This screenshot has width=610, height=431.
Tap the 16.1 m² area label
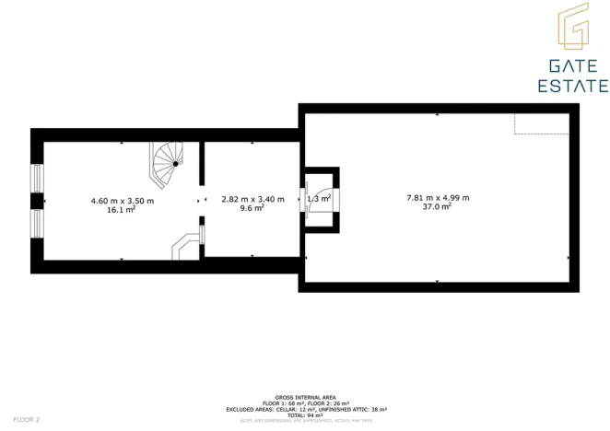pos(122,210)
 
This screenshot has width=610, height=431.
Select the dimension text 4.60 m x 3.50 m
pos(122,200)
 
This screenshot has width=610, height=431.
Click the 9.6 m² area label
pos(252,208)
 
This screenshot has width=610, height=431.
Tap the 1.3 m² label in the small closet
pos(319,198)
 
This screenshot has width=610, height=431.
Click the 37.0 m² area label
pos(438,207)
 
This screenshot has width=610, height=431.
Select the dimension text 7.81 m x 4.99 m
pos(438,197)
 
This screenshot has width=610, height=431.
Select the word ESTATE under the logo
pos(572,86)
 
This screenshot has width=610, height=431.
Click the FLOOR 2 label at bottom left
pos(26,419)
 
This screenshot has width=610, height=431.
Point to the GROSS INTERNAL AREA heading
pos(304,398)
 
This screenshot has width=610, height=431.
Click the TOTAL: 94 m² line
pos(304,414)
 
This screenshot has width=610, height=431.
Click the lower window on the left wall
pos(38,223)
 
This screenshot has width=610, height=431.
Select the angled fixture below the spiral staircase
pos(186,243)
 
